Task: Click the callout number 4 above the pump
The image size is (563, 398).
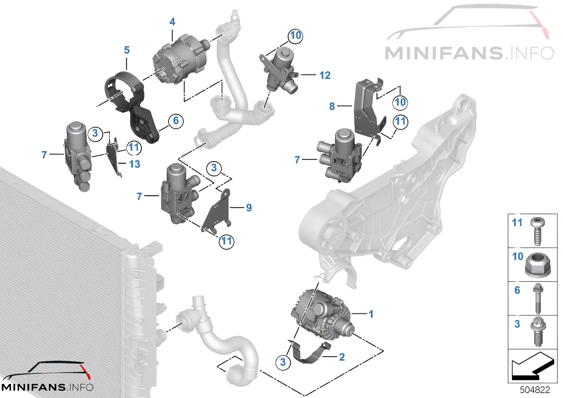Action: pos(172,22)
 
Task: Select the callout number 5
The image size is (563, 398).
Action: pos(127,50)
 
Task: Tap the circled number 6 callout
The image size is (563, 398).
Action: pos(176,121)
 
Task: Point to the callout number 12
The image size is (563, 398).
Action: pos(325,75)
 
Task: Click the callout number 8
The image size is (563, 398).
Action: pos(332,106)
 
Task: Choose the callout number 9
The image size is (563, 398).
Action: pos(249,207)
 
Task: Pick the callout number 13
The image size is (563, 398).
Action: pos(134,164)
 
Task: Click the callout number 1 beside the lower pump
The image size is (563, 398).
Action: pos(371,314)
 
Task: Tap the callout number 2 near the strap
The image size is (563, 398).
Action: pos(342,357)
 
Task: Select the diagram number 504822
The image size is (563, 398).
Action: pos(534,390)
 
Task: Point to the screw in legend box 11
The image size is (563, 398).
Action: pos(538,231)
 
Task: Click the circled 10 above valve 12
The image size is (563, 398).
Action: pos(295,36)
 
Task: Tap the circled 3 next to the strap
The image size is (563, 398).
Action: pos(283,362)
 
